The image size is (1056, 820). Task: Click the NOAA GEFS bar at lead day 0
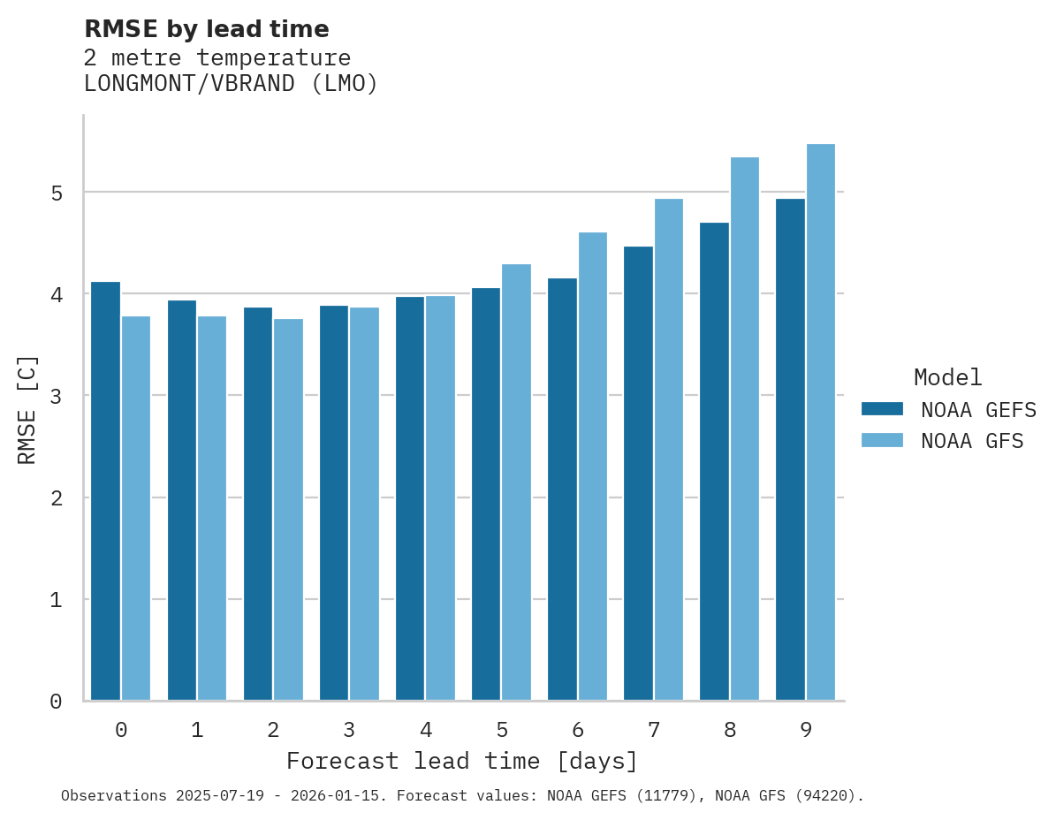[105, 491]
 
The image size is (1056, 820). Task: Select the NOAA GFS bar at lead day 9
[821, 422]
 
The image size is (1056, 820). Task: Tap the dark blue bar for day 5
[486, 494]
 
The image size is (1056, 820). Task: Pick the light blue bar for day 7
[669, 450]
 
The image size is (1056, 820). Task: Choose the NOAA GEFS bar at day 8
[714, 461]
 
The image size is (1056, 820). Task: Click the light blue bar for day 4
[440, 498]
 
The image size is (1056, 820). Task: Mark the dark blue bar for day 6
[562, 490]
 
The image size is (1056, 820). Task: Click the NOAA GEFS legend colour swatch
[882, 409]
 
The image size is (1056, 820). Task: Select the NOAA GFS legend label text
[972, 441]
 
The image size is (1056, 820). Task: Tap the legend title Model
[947, 378]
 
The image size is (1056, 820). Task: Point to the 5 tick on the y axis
[56, 193]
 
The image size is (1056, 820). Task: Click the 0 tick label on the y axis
[56, 702]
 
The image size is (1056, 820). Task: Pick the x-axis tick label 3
[349, 731]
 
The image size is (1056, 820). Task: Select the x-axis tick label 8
[730, 731]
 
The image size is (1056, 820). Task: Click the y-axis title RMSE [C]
[27, 409]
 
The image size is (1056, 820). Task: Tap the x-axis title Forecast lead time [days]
[461, 762]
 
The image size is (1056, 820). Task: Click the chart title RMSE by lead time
[206, 29]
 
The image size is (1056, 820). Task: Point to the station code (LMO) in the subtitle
[345, 85]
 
